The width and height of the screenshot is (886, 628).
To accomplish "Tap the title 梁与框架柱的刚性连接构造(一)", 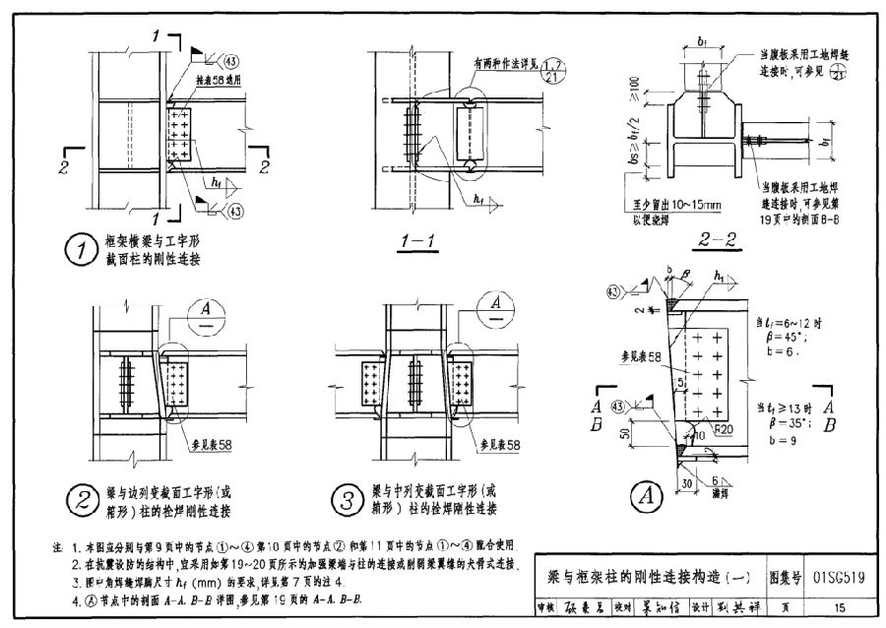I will [x=642, y=579].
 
